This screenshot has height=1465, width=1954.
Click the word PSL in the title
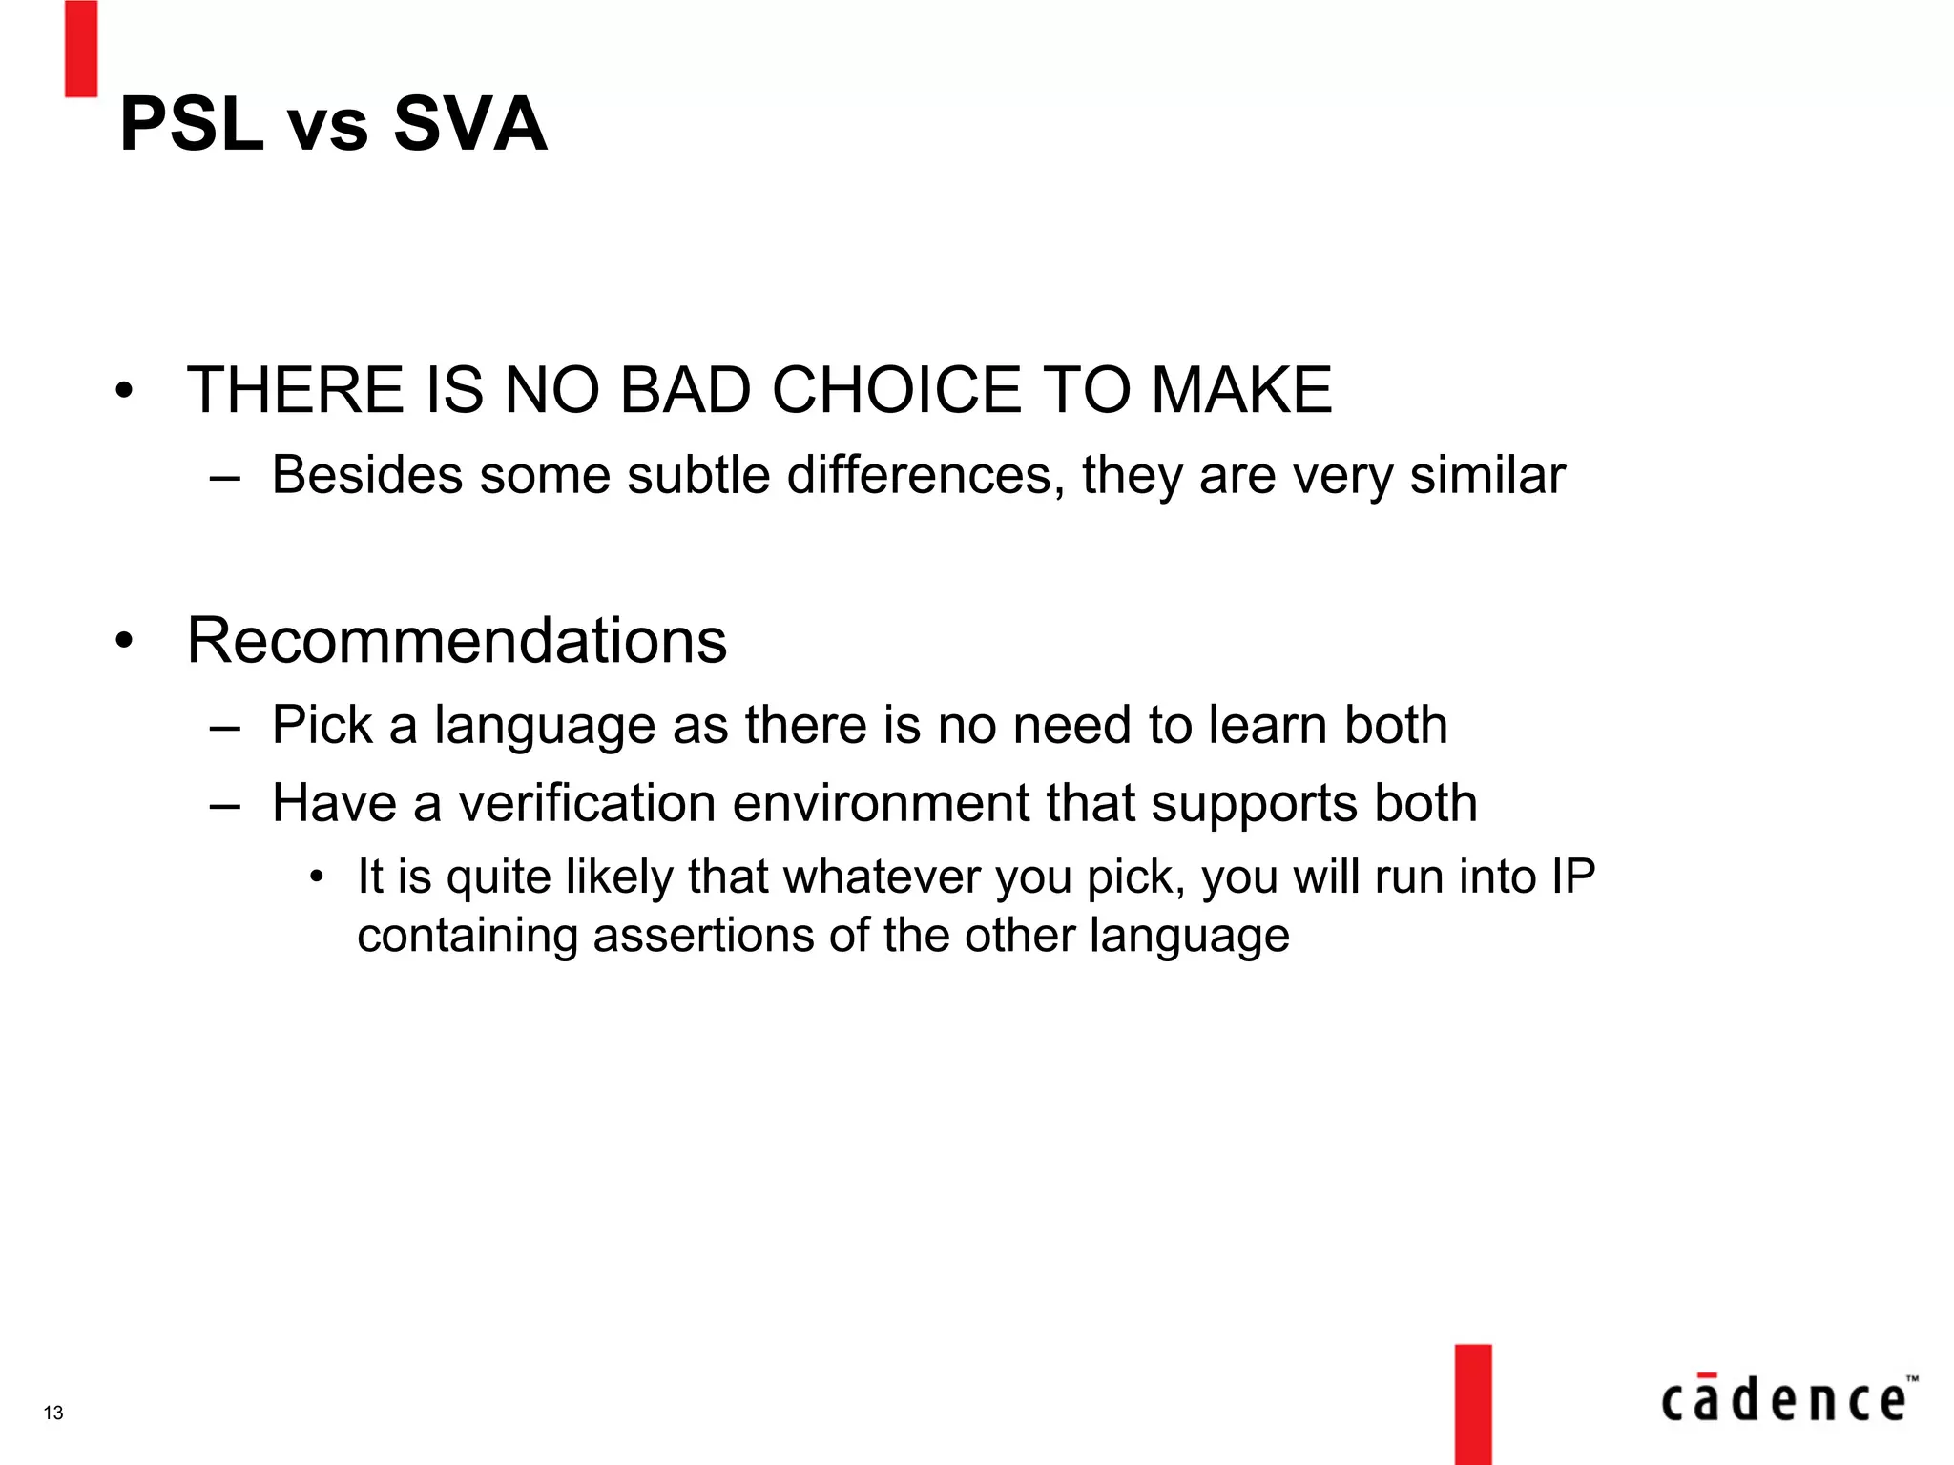click(191, 124)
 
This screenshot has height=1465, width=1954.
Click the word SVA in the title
click(469, 124)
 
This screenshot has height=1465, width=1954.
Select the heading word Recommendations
click(457, 640)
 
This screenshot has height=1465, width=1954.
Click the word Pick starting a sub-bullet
click(322, 725)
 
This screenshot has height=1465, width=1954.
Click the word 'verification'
click(587, 803)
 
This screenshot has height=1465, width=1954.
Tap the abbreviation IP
click(1572, 877)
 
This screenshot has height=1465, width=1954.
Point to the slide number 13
click(53, 1413)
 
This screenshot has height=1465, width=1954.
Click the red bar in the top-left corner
click(81, 48)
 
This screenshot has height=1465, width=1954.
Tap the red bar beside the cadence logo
click(1473, 1404)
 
